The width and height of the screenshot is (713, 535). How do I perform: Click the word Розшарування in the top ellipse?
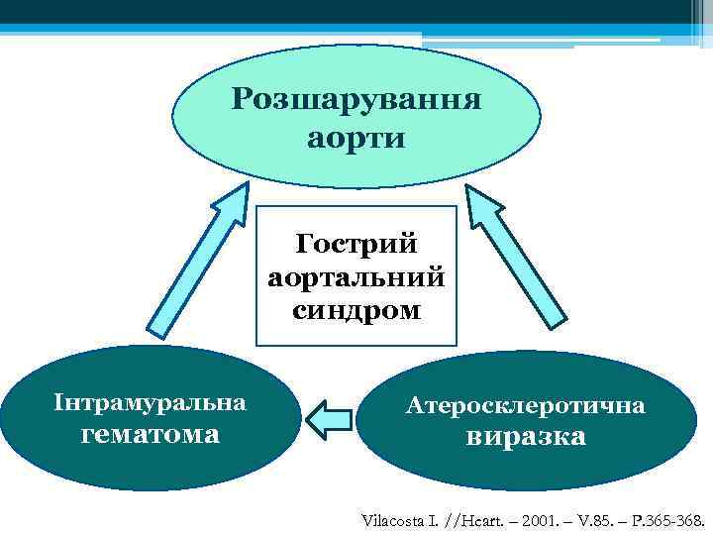point(356,100)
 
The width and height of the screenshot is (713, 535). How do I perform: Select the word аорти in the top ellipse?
point(356,138)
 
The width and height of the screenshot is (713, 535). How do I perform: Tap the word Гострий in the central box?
point(356,244)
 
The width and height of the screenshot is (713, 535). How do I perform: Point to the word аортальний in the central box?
point(356,277)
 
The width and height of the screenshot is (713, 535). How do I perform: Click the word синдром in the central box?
point(356,311)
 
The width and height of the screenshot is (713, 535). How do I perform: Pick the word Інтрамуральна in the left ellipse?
point(150,403)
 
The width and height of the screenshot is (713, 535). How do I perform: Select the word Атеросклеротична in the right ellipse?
point(525,405)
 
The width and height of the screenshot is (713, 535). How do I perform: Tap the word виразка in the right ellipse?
point(525,437)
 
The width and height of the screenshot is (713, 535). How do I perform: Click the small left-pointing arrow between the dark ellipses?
point(329,419)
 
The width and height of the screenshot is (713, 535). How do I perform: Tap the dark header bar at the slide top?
point(356,14)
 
